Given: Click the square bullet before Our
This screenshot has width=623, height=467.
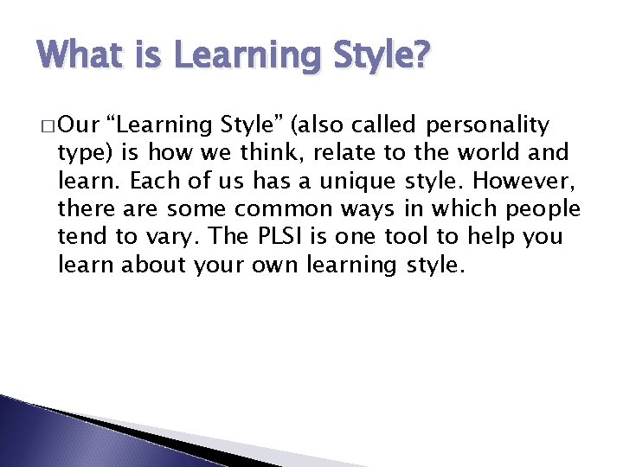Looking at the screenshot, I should click(47, 126).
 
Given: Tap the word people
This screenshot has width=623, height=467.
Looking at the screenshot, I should click(544, 208).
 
